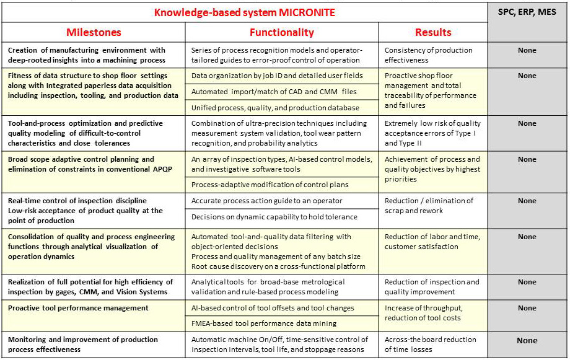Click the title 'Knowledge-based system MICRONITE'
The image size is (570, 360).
[245, 12]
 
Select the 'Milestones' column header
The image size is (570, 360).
[94, 32]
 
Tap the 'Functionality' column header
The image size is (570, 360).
[281, 32]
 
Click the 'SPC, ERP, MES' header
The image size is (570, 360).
[527, 12]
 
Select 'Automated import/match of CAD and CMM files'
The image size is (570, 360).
[274, 92]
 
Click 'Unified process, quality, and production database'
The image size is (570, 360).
[275, 108]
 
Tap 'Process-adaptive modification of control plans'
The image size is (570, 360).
[271, 185]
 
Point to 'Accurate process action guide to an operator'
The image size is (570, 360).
[266, 201]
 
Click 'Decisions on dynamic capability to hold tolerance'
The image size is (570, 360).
[274, 217]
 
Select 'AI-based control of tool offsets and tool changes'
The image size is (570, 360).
[273, 308]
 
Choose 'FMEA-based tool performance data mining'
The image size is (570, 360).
[264, 323]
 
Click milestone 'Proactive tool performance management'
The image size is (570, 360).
[78, 308]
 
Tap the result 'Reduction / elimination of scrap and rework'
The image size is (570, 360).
[429, 206]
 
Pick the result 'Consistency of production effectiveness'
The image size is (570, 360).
[428, 55]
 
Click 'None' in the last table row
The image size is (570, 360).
[527, 340]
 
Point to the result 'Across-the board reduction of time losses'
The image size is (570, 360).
[430, 345]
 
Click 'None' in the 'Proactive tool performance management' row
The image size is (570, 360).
[527, 308]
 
